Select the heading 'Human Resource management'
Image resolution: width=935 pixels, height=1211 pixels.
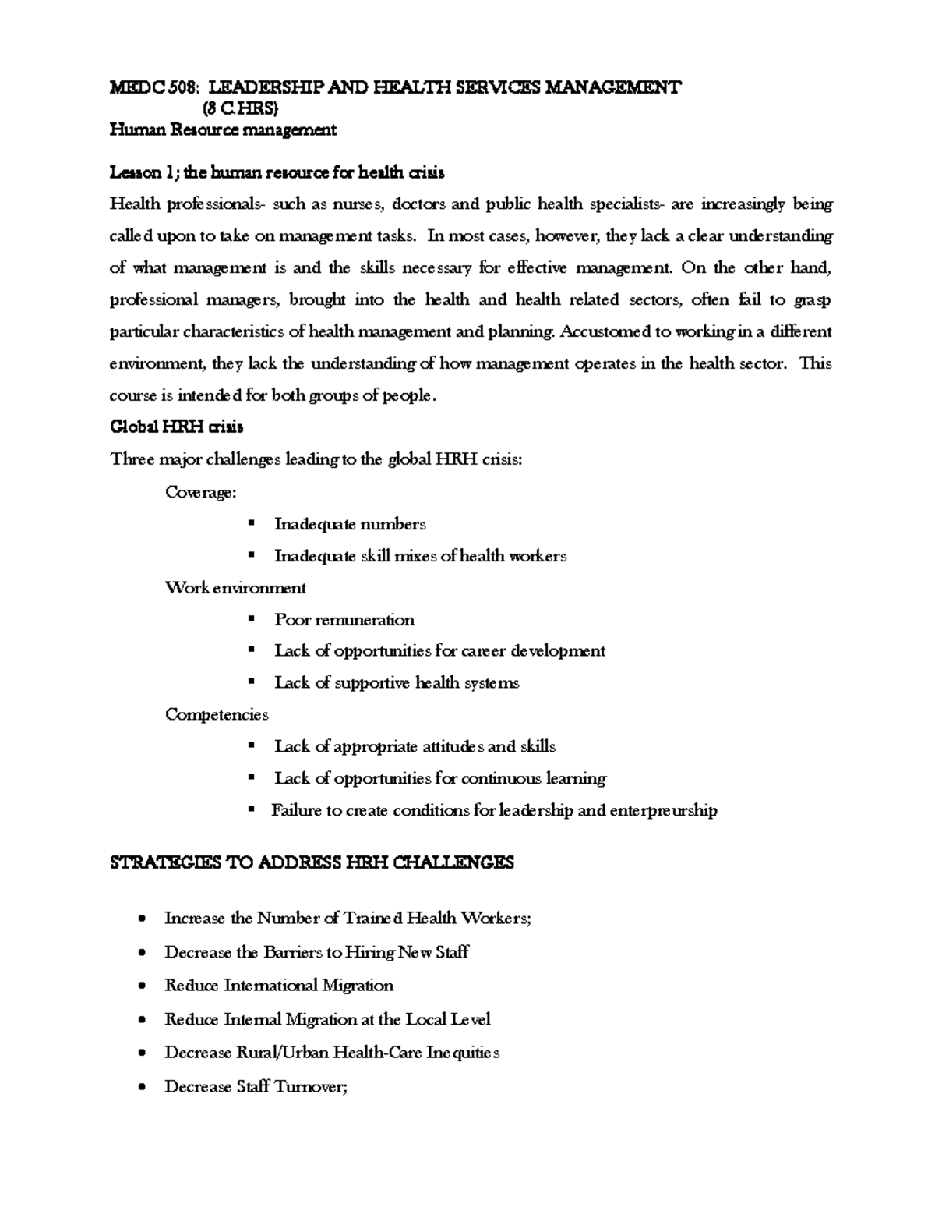point(223,130)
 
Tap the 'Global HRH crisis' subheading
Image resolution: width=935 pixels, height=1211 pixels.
point(177,427)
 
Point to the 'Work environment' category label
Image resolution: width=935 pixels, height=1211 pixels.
point(235,588)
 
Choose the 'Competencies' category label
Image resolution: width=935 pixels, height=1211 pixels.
point(217,715)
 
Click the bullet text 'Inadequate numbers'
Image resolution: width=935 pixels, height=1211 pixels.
point(350,524)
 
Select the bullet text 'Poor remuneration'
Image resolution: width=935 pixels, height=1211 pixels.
point(344,620)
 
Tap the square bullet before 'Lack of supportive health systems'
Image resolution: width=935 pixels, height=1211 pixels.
point(251,682)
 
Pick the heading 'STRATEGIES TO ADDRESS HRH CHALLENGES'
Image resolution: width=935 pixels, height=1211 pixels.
point(312,863)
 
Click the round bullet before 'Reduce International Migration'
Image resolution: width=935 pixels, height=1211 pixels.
point(141,986)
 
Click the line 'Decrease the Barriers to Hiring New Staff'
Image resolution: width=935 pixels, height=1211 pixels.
point(316,952)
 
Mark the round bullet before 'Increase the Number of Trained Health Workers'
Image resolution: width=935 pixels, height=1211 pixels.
point(141,919)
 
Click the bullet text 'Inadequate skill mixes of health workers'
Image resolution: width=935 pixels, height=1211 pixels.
point(420,556)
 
